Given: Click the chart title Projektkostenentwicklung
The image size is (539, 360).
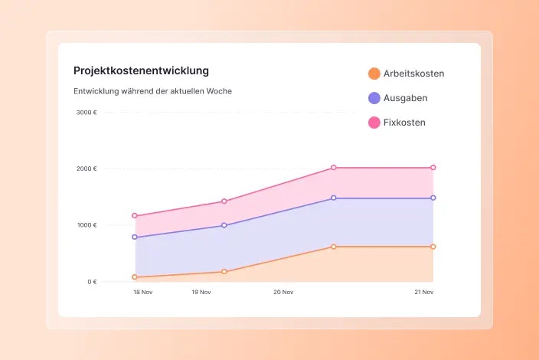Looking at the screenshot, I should pyautogui.click(x=141, y=70).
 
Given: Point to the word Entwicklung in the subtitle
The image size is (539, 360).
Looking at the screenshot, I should pyautogui.click(x=96, y=91).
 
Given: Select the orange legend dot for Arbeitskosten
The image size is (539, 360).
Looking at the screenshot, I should pyautogui.click(x=374, y=74).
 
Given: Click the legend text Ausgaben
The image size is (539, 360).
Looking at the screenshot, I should pyautogui.click(x=405, y=98).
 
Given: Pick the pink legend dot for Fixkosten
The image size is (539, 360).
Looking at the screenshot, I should pyautogui.click(x=374, y=123).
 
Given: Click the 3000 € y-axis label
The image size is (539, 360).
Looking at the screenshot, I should pyautogui.click(x=87, y=112).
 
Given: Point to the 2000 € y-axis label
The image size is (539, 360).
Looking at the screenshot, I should pyautogui.click(x=87, y=169).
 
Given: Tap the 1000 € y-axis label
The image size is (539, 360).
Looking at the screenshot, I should pyautogui.click(x=87, y=225).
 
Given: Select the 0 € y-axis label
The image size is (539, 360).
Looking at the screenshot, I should pyautogui.click(x=92, y=282).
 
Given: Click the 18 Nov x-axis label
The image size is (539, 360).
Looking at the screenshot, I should pyautogui.click(x=142, y=292).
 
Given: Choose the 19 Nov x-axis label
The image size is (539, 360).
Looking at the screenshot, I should pyautogui.click(x=201, y=292).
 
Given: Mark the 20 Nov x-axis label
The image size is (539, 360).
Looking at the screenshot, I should pyautogui.click(x=283, y=292).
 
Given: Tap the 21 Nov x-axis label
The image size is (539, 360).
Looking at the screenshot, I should pyautogui.click(x=424, y=292).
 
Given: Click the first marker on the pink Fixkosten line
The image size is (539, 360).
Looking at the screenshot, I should pyautogui.click(x=135, y=216).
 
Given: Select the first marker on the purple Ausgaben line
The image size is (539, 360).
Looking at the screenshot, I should pyautogui.click(x=135, y=237).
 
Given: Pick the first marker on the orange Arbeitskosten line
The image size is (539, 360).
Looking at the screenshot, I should pyautogui.click(x=135, y=277).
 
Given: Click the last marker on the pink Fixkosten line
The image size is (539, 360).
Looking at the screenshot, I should pyautogui.click(x=433, y=167).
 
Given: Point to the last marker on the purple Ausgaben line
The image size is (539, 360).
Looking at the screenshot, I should pyautogui.click(x=433, y=198).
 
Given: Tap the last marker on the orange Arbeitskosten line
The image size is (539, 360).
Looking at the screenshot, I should pyautogui.click(x=433, y=247).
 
